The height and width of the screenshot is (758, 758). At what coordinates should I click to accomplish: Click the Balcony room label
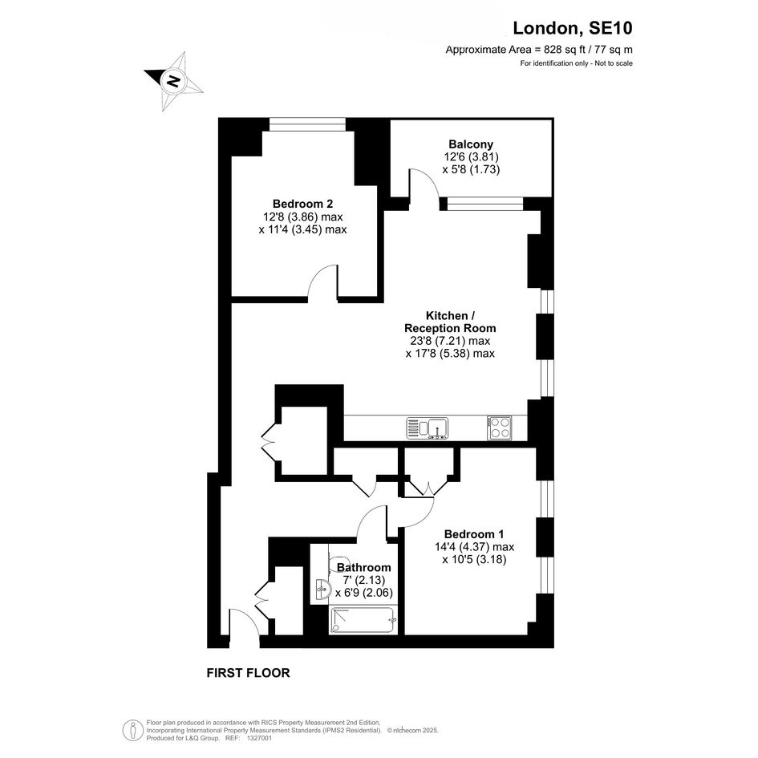(471, 144)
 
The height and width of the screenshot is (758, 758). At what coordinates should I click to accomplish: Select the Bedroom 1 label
(474, 534)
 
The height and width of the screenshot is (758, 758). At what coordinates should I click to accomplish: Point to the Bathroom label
(363, 567)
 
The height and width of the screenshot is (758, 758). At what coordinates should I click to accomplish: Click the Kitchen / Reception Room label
(450, 322)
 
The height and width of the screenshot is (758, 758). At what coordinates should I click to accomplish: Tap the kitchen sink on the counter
(428, 428)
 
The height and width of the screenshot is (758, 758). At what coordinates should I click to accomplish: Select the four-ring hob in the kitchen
(500, 428)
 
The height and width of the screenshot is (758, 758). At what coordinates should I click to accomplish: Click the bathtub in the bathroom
(363, 620)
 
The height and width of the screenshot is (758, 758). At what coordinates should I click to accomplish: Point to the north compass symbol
(173, 81)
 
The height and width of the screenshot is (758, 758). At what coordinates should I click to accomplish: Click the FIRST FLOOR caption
(248, 673)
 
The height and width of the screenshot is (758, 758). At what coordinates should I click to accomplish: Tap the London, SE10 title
(573, 28)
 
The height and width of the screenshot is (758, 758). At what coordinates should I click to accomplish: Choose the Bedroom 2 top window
(307, 124)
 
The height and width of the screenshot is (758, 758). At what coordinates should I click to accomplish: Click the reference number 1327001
(259, 738)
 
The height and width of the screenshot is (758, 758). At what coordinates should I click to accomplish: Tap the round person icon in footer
(132, 731)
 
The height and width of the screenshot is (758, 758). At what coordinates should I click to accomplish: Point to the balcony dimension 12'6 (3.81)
(471, 156)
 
